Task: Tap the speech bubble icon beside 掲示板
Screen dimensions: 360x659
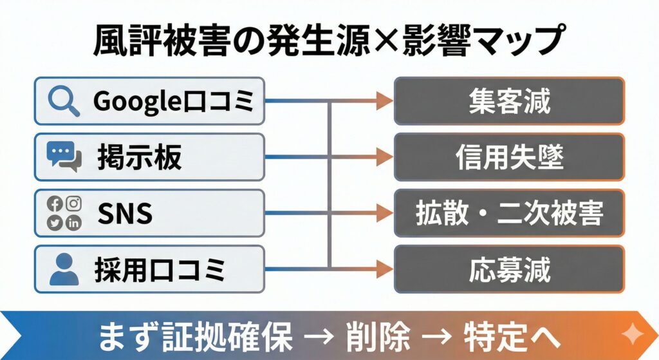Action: [64, 156]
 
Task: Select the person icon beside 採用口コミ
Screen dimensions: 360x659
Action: [64, 269]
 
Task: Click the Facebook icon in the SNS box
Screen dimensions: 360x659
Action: [55, 204]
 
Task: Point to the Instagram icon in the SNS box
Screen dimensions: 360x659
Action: [73, 204]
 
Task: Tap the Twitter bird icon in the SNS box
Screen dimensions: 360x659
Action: [55, 222]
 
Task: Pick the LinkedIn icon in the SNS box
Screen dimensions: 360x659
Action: [73, 222]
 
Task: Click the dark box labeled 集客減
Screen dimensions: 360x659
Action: [508, 100]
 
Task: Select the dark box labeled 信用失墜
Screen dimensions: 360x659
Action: [508, 156]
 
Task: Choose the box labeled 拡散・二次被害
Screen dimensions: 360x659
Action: [508, 213]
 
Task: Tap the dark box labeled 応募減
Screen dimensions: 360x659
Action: [508, 269]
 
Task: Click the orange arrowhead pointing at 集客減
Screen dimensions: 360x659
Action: [384, 100]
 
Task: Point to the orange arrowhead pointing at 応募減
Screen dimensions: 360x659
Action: [384, 269]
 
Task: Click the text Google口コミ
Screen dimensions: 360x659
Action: [174, 100]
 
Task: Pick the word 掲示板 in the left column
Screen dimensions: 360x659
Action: [140, 156]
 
